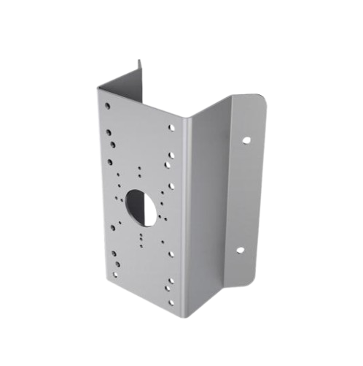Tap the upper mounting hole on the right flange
coord(246,140)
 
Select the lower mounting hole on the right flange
coord(240,250)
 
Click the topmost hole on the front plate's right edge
coord(173,127)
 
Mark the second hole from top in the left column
coord(109,134)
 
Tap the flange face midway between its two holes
coord(243,194)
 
